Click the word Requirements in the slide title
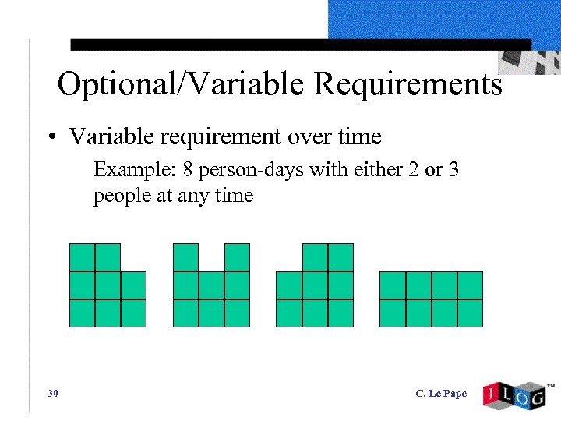point(408,84)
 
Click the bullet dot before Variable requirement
point(51,139)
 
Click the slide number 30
point(52,394)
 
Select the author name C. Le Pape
point(441,394)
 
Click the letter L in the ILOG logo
point(510,394)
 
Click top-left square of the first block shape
point(82,257)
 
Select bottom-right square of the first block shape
point(133,313)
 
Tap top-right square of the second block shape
point(237,257)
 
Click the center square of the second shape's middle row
point(211,285)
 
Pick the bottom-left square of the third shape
point(289,313)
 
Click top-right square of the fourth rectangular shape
point(470,285)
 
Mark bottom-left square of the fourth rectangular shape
point(393,313)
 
